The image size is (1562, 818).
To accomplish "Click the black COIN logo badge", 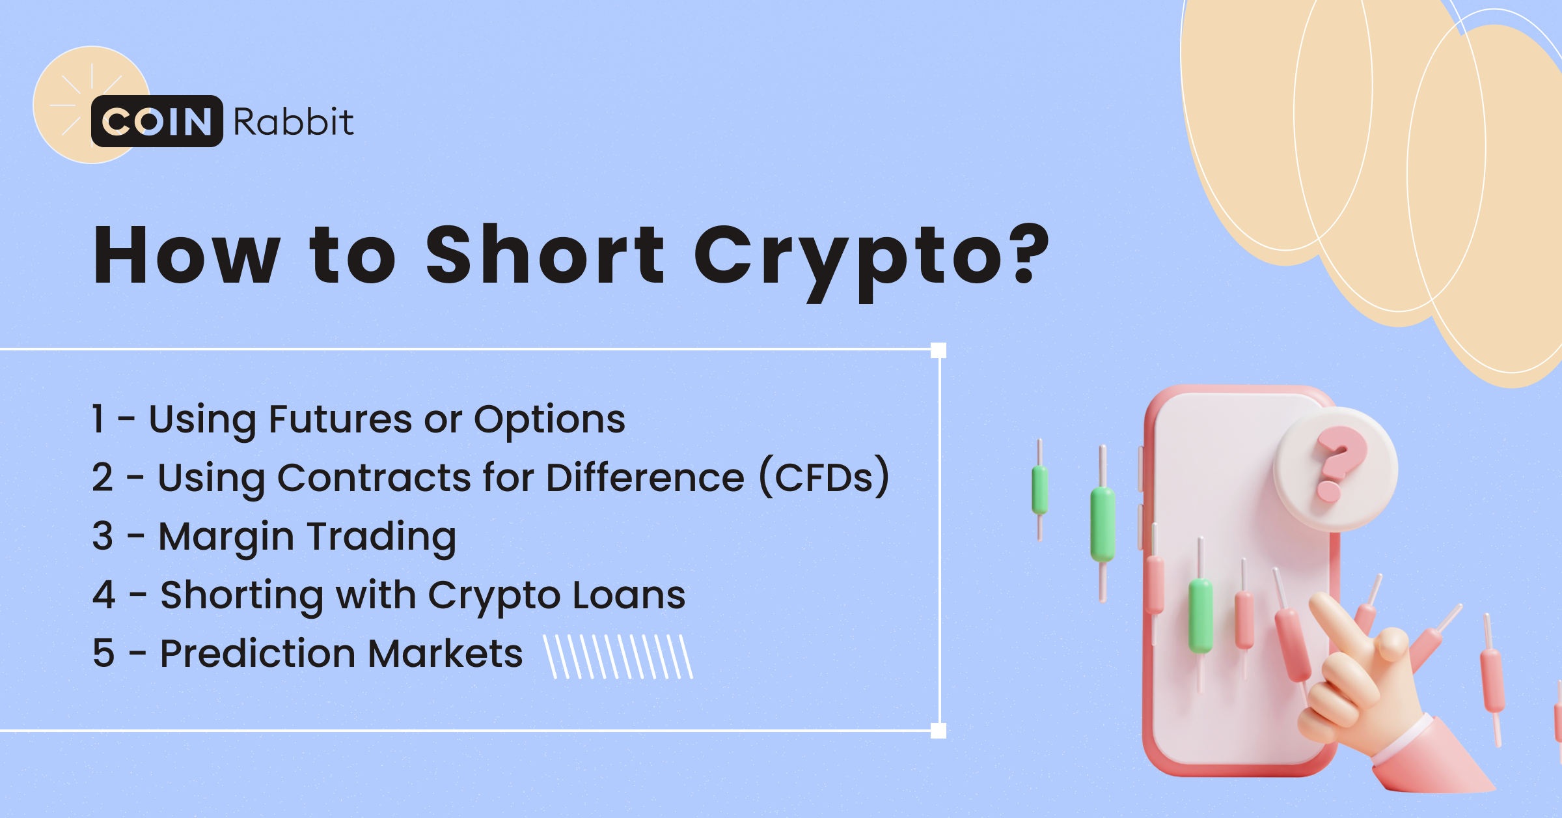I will coord(157,121).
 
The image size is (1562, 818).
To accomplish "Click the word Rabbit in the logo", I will coord(293,122).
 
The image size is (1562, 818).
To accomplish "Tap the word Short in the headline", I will coord(545,255).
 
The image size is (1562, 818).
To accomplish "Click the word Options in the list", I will coord(549,421).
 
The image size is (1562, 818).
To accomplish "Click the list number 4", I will coord(103,595).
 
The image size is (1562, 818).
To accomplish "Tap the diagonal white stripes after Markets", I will coord(618,656).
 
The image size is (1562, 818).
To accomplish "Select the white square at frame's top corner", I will coord(939,350).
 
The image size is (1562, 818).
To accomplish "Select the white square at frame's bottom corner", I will coord(939,731).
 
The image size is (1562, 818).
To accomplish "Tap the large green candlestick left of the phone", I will coord(1103,524).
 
